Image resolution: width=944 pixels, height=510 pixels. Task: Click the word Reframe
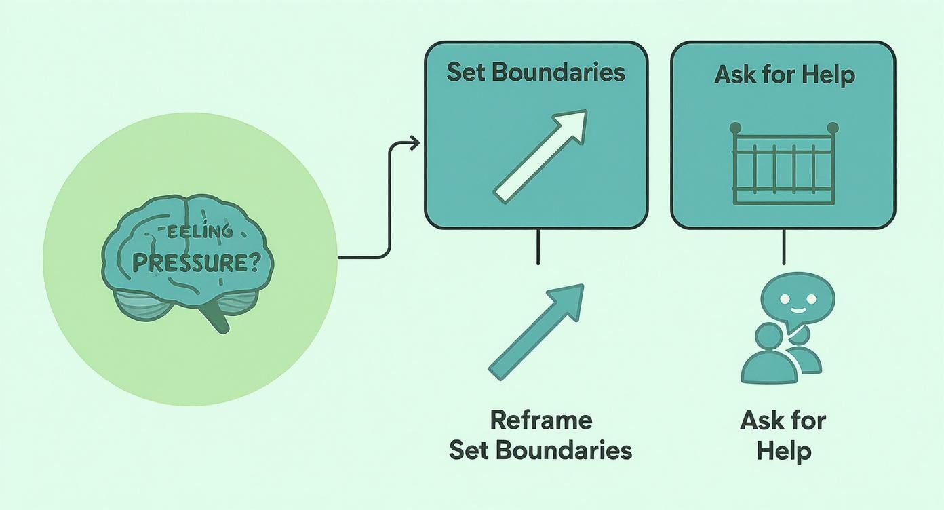pos(540,420)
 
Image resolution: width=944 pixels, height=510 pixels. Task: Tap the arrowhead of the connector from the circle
pos(414,142)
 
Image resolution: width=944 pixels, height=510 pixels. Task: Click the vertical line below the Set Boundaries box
pos(538,246)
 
